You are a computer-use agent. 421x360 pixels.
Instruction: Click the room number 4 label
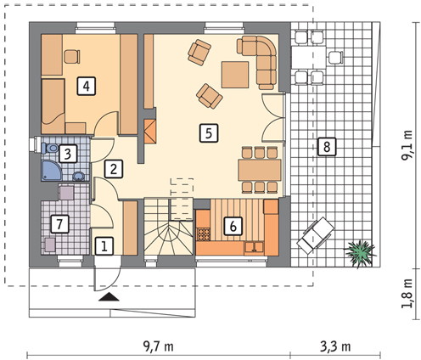click(87, 86)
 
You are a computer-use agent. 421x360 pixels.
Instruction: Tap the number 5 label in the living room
click(209, 132)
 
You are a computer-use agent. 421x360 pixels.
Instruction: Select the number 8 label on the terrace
click(327, 147)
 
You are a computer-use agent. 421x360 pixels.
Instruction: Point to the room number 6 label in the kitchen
click(233, 226)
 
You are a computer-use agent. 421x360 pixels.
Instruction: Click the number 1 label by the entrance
click(104, 245)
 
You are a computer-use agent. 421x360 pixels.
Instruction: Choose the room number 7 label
click(59, 224)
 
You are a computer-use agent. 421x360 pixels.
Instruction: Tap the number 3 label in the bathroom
click(68, 154)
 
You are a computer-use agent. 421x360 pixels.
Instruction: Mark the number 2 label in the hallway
click(114, 169)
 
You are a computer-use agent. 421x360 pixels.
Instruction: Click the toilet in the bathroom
click(49, 148)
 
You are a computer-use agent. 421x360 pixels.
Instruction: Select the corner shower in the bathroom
click(52, 171)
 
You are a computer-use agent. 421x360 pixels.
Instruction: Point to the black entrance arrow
click(109, 297)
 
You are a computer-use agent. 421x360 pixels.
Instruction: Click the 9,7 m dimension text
click(158, 346)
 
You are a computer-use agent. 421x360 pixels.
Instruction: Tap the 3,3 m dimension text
click(335, 346)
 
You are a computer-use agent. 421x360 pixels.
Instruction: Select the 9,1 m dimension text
click(407, 145)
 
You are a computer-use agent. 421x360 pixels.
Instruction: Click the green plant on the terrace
click(360, 253)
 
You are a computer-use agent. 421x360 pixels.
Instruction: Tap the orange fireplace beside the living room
click(150, 131)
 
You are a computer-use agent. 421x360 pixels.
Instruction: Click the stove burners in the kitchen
click(204, 234)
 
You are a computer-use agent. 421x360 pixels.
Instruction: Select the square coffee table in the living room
click(235, 75)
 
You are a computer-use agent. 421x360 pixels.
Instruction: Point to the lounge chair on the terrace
click(316, 235)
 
